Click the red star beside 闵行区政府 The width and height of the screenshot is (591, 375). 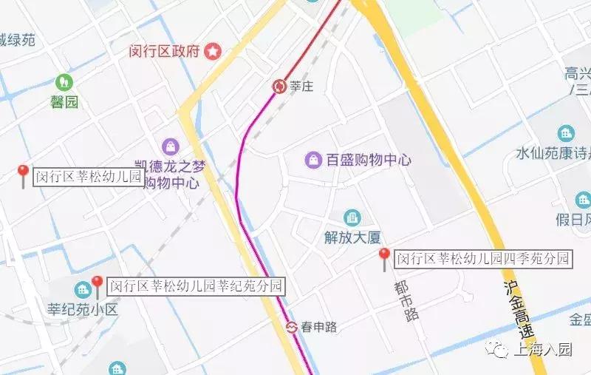click(x=213, y=52)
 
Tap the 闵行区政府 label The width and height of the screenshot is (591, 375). click(x=164, y=52)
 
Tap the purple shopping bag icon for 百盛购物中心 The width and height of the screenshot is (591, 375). click(x=314, y=159)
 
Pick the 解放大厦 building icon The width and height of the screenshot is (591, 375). click(x=352, y=217)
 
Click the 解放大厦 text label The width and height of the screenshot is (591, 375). click(x=352, y=237)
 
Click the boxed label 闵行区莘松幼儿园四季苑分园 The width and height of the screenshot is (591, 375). click(x=484, y=259)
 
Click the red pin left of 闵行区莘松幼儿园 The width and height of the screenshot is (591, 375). click(x=23, y=175)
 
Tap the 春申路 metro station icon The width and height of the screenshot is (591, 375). click(x=293, y=326)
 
